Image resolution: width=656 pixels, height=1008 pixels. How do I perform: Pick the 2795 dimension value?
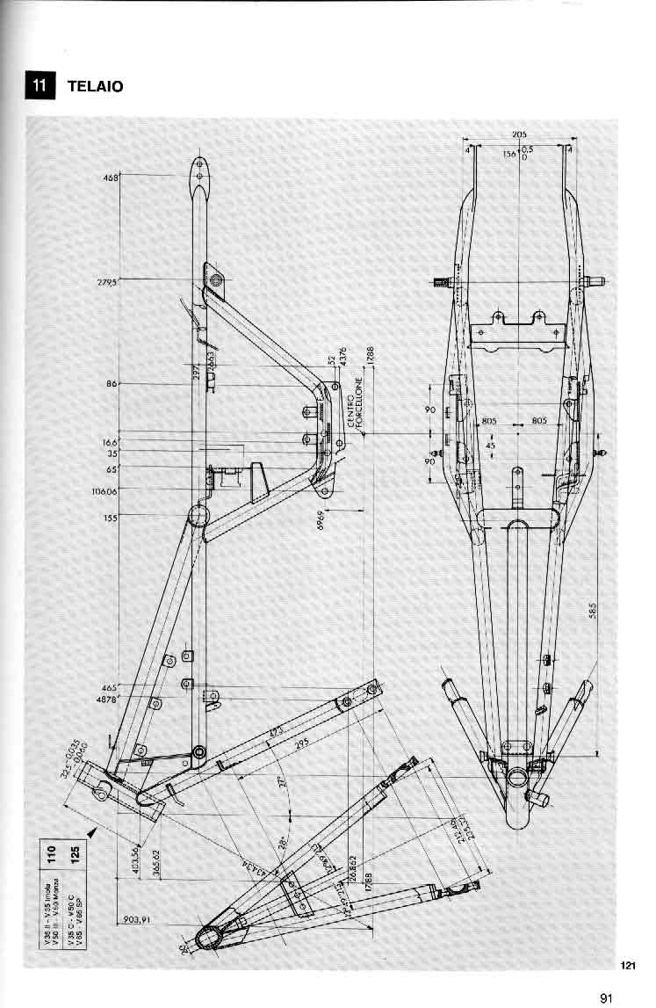coord(108,282)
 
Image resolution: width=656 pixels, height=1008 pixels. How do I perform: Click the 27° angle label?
coord(282,780)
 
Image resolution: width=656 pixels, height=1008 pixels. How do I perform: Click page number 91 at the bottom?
coord(606,997)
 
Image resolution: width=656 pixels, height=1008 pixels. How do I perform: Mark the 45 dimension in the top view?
coord(491,446)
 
